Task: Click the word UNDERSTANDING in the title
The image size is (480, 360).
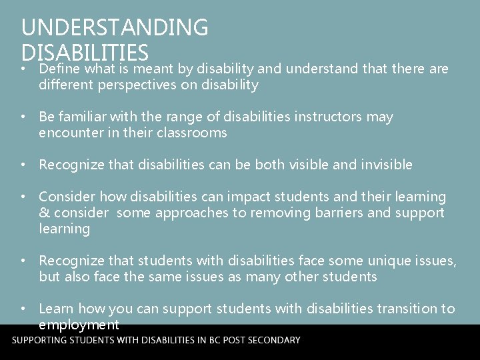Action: coord(115,27)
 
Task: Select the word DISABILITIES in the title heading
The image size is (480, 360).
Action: coord(85,53)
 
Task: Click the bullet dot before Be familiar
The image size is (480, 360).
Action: coord(23,117)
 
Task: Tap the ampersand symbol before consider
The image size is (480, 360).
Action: coord(44,213)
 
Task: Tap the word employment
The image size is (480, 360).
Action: coord(79,325)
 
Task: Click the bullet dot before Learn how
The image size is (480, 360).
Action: coord(23,309)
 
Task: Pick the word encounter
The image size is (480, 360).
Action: coord(69,133)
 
